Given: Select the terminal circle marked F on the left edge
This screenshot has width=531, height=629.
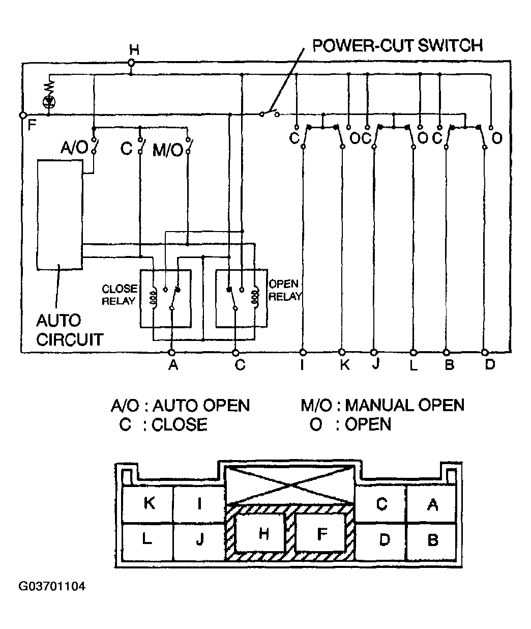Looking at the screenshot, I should (23, 116).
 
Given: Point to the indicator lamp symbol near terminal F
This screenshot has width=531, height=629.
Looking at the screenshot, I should (49, 102).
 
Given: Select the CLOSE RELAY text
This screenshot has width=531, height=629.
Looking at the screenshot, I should (120, 295).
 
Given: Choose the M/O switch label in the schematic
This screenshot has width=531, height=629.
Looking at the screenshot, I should (168, 151).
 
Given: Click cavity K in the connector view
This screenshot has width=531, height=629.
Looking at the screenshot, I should (149, 503).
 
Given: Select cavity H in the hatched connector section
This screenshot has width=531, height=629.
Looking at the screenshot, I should (263, 533).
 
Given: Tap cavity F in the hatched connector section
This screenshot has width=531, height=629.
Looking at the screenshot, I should (322, 533).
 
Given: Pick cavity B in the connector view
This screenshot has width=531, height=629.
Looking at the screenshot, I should (432, 540).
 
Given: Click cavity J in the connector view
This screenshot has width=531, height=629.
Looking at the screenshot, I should (199, 540).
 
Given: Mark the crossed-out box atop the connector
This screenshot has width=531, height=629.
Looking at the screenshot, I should (289, 484).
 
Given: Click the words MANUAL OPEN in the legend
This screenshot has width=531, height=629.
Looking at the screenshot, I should (404, 405).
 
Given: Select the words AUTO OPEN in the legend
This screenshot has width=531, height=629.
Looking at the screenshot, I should (201, 406).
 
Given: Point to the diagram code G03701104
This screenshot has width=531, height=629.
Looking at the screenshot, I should (52, 586).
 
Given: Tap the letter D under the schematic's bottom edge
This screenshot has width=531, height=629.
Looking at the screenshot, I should (489, 364).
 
